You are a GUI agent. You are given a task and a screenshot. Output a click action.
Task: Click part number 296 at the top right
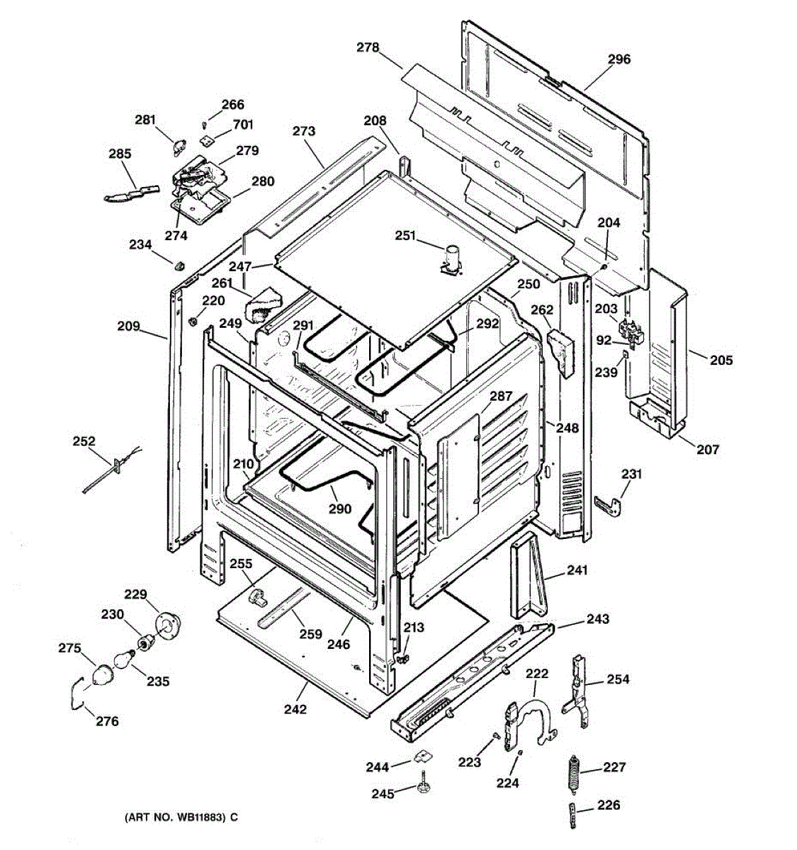pyautogui.click(x=618, y=59)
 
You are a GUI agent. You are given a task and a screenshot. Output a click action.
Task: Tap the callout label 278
pyautogui.click(x=368, y=47)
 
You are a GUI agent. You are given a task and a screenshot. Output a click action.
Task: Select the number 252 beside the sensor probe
pyautogui.click(x=84, y=441)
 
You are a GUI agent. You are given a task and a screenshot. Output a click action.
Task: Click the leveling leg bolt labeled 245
pyautogui.click(x=424, y=786)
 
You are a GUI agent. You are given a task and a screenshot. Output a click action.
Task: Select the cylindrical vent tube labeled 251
pyautogui.click(x=451, y=257)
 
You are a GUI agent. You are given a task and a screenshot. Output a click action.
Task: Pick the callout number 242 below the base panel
pyautogui.click(x=295, y=709)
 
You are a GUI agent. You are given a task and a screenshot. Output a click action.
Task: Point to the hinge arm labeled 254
pyautogui.click(x=579, y=691)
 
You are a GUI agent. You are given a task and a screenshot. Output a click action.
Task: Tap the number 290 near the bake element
pyautogui.click(x=340, y=509)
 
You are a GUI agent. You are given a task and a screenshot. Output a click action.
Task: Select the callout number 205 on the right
pyautogui.click(x=722, y=361)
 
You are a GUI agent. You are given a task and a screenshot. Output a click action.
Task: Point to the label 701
pyautogui.click(x=243, y=125)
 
